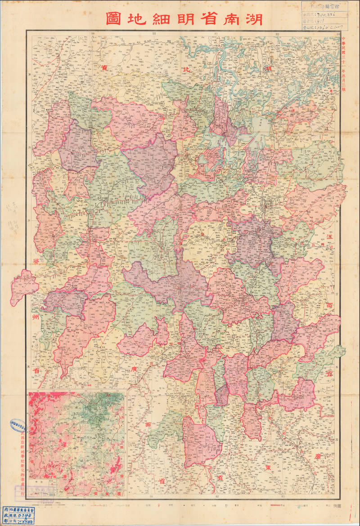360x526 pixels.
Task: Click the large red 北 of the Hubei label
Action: point(186,70)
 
